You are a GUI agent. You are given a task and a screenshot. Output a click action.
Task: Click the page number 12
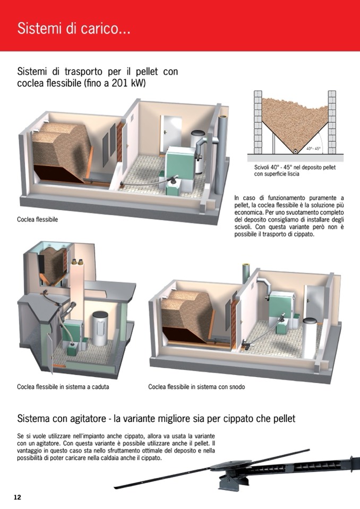[17, 497]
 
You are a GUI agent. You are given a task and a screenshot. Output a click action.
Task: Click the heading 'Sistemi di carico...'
[74, 29]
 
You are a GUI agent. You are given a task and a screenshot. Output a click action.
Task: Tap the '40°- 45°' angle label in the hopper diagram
[313, 149]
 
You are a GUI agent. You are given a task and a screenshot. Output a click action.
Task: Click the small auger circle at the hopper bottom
[295, 151]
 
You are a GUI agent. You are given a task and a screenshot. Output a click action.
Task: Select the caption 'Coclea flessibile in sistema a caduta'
[63, 386]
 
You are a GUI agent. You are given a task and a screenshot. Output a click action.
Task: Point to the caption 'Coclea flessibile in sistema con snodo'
[196, 386]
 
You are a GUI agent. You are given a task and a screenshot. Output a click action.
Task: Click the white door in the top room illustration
[170, 134]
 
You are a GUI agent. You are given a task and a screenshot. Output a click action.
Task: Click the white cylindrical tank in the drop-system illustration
[100, 328]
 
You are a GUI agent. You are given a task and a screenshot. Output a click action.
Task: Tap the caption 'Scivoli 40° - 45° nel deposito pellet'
[295, 168]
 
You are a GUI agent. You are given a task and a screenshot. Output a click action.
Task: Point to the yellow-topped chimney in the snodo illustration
[246, 273]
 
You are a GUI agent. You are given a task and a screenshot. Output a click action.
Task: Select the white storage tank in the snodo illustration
[310, 338]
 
